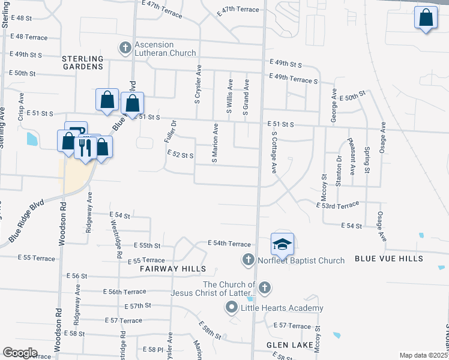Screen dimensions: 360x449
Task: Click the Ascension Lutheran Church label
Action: pyautogui.click(x=162, y=49)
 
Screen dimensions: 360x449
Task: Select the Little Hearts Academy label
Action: pyautogui.click(x=282, y=308)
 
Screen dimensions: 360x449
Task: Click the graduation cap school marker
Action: pyautogui.click(x=282, y=244)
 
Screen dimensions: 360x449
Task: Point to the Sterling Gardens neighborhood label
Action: pyautogui.click(x=82, y=62)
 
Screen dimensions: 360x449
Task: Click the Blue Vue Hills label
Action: pyautogui.click(x=388, y=259)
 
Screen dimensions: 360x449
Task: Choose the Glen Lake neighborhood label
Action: pyautogui.click(x=291, y=346)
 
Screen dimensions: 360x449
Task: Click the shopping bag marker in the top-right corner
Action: pyautogui.click(x=426, y=19)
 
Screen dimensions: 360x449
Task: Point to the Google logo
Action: pyautogui.click(x=20, y=353)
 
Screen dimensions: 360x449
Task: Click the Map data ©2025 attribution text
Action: pyautogui.click(x=424, y=355)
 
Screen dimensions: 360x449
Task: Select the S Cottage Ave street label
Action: pyautogui.click(x=274, y=152)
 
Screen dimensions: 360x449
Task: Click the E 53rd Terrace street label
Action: pyautogui.click(x=337, y=205)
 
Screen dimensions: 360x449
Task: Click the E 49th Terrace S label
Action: pyautogui.click(x=293, y=79)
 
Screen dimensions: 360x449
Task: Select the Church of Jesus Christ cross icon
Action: pyautogui.click(x=265, y=288)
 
